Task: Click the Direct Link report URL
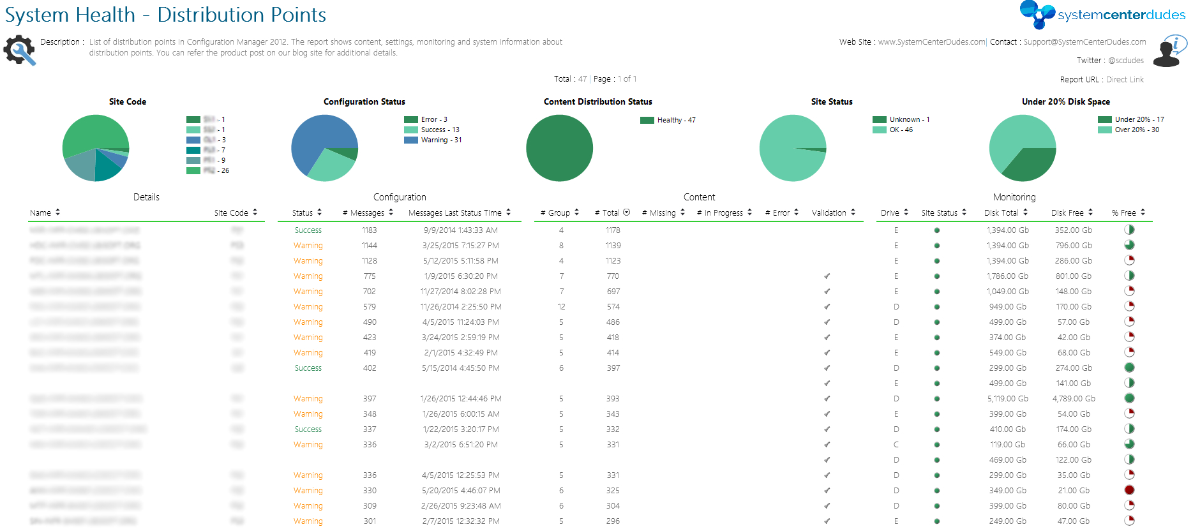(1125, 80)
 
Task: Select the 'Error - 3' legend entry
(434, 119)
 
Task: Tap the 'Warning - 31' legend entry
(441, 140)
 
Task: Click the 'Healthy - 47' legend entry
(676, 120)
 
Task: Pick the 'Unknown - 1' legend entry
(909, 119)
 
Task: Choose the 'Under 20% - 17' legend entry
(1139, 119)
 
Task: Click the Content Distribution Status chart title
(597, 101)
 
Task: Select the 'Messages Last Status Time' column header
(454, 213)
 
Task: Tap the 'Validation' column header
(829, 213)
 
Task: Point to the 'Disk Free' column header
(1067, 213)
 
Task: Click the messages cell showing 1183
(370, 230)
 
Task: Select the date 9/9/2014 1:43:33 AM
(460, 230)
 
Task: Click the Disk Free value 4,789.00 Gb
(1074, 399)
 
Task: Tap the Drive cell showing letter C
(896, 445)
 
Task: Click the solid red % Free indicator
(1129, 490)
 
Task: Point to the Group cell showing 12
(561, 307)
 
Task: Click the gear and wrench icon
(19, 50)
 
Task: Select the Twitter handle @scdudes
(1126, 61)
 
